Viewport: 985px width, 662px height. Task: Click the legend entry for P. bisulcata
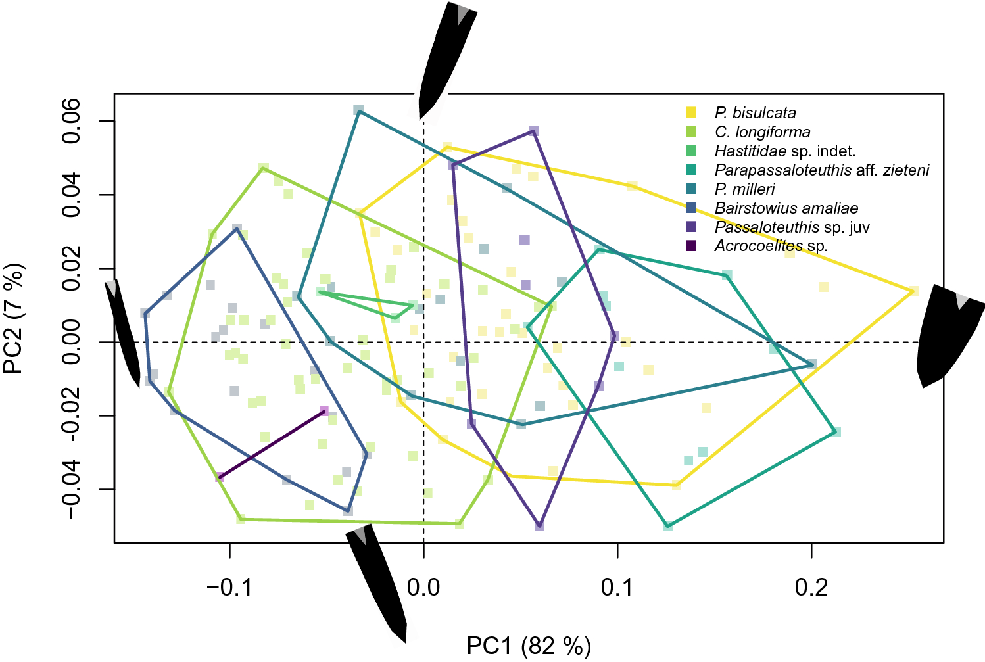[755, 113]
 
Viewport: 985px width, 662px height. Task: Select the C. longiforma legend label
[762, 132]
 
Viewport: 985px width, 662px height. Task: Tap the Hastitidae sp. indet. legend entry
[784, 151]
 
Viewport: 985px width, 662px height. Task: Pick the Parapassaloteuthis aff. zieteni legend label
[821, 170]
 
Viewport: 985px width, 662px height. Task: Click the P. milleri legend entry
[744, 189]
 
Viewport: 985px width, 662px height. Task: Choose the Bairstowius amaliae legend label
[786, 208]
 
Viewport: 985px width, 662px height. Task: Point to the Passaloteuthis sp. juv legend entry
[792, 227]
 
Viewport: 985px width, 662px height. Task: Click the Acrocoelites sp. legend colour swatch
[691, 246]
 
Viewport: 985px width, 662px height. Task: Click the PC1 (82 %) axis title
[529, 646]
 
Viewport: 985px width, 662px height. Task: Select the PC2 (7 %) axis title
[14, 318]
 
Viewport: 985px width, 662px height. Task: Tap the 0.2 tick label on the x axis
[811, 586]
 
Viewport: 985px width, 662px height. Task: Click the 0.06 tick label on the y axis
[71, 121]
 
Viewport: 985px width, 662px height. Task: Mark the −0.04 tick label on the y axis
[71, 489]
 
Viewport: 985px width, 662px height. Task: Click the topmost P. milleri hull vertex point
[358, 110]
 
